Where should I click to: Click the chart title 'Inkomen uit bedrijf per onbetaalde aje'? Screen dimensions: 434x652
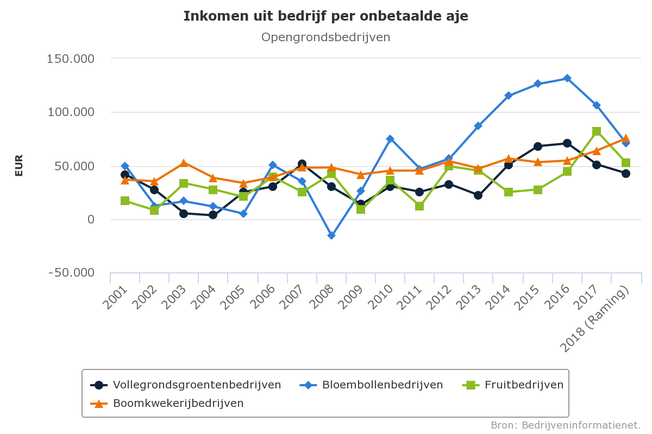[x=325, y=16]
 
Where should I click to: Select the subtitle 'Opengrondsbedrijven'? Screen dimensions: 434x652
[x=325, y=37]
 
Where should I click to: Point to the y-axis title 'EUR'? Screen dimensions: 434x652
[x=19, y=165]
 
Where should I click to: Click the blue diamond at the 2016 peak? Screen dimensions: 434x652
[x=567, y=78]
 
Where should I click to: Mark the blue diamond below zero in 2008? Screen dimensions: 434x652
[x=331, y=235]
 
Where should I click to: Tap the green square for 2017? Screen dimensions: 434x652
[x=597, y=131]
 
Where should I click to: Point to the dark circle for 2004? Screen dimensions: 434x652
[x=213, y=215]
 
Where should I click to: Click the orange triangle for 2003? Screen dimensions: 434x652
[x=184, y=163]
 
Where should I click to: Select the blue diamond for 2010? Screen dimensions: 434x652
[x=390, y=139]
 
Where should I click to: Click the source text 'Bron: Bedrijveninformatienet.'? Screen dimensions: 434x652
[x=566, y=425]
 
